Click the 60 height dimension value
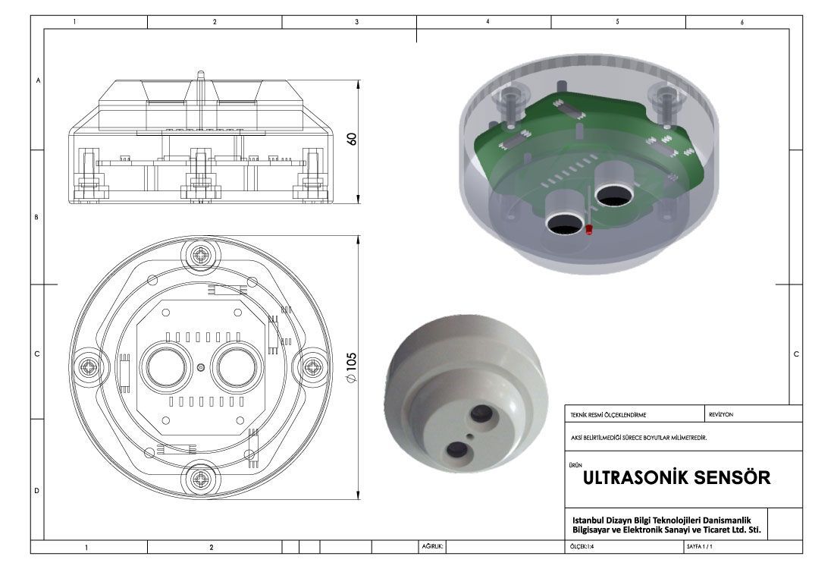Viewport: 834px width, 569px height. point(352,139)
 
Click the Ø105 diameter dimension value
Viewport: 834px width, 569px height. point(351,367)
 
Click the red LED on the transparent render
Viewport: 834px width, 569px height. point(589,230)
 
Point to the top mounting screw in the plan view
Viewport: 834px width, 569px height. point(200,256)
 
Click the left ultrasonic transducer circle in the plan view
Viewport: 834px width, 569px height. point(166,367)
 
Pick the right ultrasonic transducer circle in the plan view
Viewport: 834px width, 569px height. point(236,367)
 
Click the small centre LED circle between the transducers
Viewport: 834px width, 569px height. point(200,367)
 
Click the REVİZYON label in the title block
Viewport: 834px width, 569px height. point(721,414)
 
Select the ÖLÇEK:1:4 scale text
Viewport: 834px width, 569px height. point(582,547)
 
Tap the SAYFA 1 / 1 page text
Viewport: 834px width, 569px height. point(700,547)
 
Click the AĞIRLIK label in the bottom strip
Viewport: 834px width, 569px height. point(432,547)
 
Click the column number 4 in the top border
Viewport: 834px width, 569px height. point(488,22)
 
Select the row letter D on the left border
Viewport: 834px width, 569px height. point(36,491)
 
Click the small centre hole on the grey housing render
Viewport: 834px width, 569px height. point(469,436)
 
